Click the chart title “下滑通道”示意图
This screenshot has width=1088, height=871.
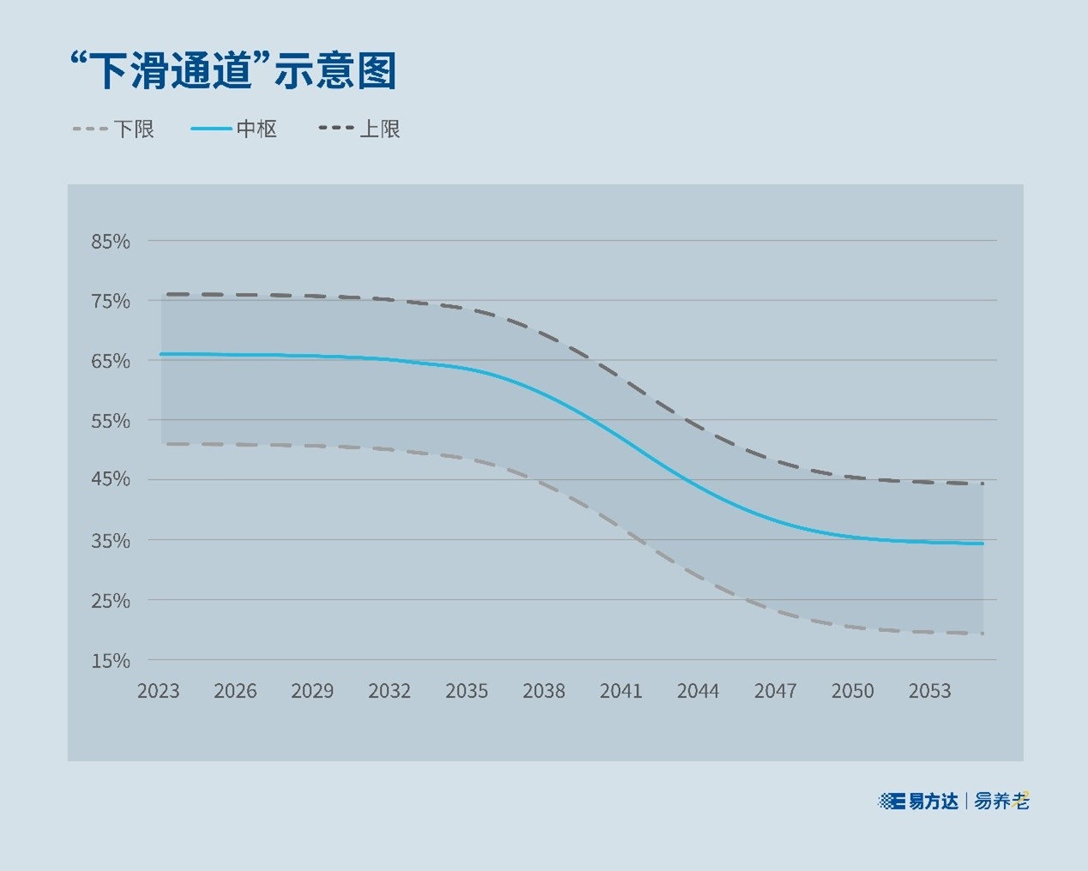[232, 70]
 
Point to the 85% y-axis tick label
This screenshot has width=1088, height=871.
[111, 242]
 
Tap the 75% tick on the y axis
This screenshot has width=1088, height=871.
[111, 302]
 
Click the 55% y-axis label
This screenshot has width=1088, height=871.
[111, 421]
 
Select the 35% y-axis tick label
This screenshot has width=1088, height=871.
[111, 541]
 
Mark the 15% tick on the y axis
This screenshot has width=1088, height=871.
[111, 661]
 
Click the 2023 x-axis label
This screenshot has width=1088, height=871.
[159, 691]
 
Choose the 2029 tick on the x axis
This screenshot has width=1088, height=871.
[312, 691]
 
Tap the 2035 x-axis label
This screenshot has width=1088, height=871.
[466, 691]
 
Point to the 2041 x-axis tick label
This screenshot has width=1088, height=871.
[621, 691]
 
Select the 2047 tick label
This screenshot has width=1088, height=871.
[775, 691]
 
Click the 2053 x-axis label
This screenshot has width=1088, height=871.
[929, 691]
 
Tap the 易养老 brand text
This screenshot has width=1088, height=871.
[1001, 802]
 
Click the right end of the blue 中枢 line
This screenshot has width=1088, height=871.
[983, 544]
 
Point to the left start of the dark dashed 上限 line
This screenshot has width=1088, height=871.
[163, 294]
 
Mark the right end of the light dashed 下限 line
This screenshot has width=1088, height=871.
[983, 634]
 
